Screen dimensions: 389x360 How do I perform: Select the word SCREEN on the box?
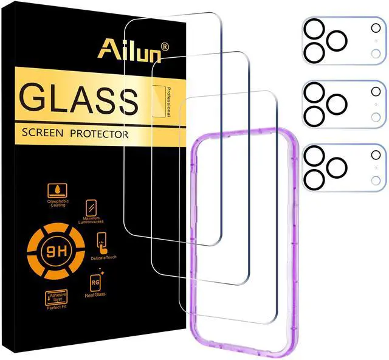pos(45,133)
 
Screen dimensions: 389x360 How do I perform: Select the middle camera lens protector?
pos(343,105)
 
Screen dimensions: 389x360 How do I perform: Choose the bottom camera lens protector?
pos(343,167)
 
